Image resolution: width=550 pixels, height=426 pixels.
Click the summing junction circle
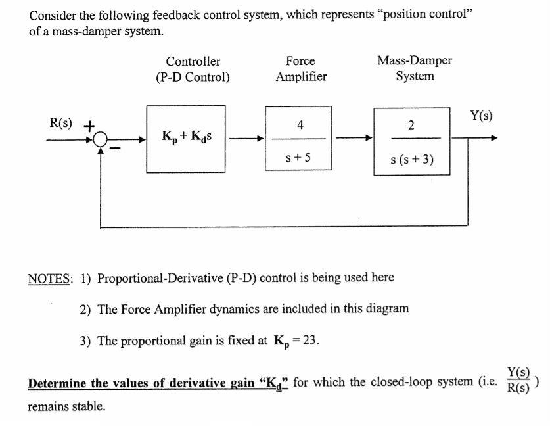coord(101,139)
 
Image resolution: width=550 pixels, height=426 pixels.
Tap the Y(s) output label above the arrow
coord(481,116)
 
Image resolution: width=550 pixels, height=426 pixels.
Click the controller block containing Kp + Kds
coord(187,138)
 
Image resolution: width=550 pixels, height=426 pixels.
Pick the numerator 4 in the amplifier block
coord(300,124)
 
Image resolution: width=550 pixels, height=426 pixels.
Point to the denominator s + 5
coord(300,157)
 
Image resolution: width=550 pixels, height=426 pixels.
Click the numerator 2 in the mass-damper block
coord(411,125)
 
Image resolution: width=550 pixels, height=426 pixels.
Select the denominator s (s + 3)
coord(411,158)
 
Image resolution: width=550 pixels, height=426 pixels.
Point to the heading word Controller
coord(193,62)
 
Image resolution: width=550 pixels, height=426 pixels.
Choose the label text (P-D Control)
coord(193,76)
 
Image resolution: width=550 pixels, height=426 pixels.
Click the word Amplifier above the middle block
coord(300,76)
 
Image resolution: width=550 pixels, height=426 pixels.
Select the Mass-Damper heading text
coord(415,61)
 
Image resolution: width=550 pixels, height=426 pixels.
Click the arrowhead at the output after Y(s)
coord(493,139)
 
